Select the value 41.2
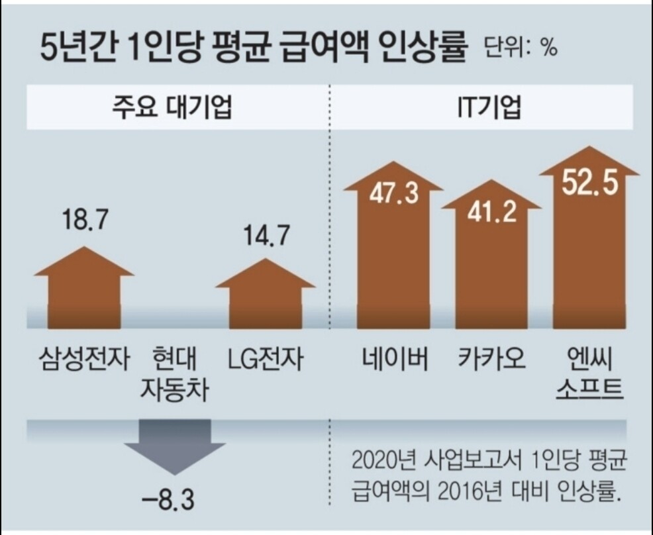click(491, 214)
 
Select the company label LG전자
click(265, 360)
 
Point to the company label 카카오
click(491, 360)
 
